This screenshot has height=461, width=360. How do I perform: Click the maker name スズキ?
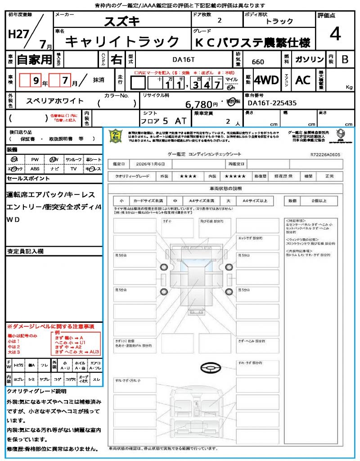click(122, 21)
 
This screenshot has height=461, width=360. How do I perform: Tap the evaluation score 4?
click(335, 34)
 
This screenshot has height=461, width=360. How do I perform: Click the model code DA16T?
click(184, 59)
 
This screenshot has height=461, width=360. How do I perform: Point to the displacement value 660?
click(258, 62)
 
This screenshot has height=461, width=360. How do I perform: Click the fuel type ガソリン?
click(309, 59)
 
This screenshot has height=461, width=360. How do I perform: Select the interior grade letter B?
click(345, 59)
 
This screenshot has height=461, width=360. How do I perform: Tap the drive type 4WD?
click(266, 80)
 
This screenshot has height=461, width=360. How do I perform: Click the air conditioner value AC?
click(303, 80)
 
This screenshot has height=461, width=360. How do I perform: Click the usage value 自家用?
click(35, 59)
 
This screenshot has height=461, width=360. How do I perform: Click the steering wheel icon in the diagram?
click(209, 369)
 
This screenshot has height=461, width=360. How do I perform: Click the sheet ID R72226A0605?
click(326, 154)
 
